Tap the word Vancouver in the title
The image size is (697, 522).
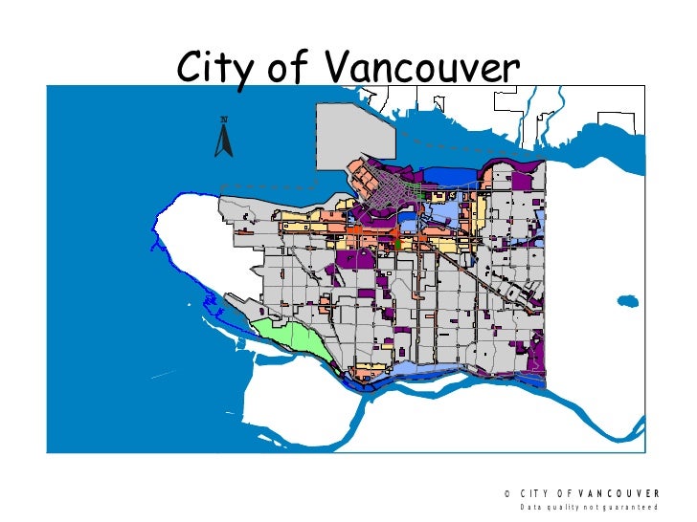(421, 67)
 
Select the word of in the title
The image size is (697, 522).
(293, 67)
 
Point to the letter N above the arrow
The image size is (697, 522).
(224, 119)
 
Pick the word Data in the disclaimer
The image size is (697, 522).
(530, 509)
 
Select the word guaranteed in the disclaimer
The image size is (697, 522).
(632, 509)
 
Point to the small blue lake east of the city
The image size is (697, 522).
(627, 300)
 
